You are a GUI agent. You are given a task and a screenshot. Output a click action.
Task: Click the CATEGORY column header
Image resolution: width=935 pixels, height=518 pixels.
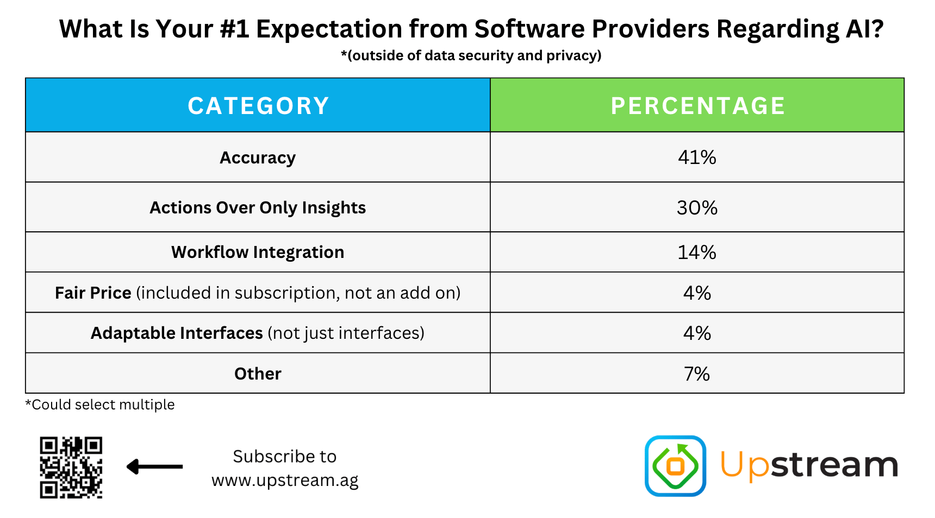[258, 105]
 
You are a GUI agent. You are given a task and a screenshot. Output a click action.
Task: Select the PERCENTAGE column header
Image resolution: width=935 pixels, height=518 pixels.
[697, 105]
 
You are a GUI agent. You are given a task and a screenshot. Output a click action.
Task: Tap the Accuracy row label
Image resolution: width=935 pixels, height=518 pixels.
[258, 157]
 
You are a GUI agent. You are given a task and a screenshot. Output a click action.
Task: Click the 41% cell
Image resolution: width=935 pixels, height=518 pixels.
[697, 157]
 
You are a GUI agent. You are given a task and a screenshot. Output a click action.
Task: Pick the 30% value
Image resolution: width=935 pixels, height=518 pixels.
[697, 207]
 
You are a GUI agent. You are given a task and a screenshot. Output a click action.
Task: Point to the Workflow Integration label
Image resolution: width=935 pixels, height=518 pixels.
[258, 252]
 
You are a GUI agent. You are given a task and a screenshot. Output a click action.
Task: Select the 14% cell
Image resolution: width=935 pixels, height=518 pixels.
[697, 252]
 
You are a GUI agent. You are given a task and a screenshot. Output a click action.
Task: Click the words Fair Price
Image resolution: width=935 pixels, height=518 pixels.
[93, 293]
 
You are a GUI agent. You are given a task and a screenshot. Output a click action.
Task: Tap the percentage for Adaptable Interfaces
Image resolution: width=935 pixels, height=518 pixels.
[697, 333]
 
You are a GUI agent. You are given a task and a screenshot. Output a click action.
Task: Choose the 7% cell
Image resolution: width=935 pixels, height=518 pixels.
[697, 374]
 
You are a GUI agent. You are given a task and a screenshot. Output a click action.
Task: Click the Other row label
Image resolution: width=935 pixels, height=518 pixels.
[258, 374]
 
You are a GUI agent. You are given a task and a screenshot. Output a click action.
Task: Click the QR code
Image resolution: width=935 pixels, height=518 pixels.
[71, 467]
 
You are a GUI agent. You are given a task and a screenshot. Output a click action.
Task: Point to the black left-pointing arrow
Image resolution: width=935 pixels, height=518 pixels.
[154, 466]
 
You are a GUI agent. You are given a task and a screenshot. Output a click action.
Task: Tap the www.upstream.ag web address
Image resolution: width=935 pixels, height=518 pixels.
[285, 481]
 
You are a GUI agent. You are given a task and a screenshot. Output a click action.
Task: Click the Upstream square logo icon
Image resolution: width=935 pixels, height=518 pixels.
[675, 466]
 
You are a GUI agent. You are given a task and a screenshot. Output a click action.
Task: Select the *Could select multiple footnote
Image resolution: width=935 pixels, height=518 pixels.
[100, 405]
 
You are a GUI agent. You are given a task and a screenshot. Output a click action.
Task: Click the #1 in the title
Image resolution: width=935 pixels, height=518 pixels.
[235, 29]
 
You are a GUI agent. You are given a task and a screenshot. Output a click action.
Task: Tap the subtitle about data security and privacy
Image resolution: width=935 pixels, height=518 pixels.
[471, 55]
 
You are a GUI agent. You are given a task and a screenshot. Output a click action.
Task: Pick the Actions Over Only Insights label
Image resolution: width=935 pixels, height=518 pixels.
[258, 207]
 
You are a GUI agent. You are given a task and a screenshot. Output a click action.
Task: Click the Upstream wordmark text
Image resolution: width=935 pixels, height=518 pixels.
[809, 465]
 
